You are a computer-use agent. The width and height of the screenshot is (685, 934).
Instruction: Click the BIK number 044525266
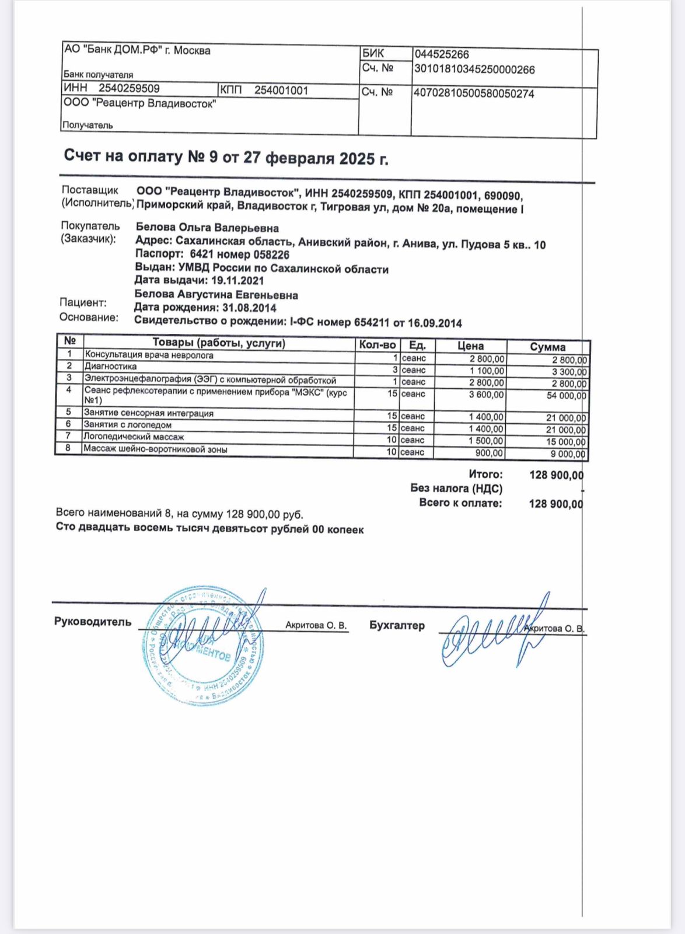click(442, 55)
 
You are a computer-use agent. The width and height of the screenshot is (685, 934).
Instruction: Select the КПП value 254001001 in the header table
click(281, 90)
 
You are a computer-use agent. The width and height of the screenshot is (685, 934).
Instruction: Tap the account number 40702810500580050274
click(473, 93)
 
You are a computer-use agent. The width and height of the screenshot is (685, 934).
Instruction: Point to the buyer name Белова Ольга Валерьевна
click(207, 228)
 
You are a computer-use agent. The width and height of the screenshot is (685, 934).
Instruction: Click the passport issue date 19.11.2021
click(237, 280)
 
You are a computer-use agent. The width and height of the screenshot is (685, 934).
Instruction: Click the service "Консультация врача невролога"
click(149, 355)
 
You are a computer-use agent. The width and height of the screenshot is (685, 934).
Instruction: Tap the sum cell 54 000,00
click(565, 396)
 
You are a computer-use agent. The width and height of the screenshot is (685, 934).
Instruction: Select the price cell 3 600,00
click(486, 395)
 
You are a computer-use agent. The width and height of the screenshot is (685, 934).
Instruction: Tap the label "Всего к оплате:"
click(460, 503)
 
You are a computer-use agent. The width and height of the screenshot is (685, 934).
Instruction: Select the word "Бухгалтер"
click(397, 625)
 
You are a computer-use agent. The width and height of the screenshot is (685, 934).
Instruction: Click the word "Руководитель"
click(93, 622)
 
